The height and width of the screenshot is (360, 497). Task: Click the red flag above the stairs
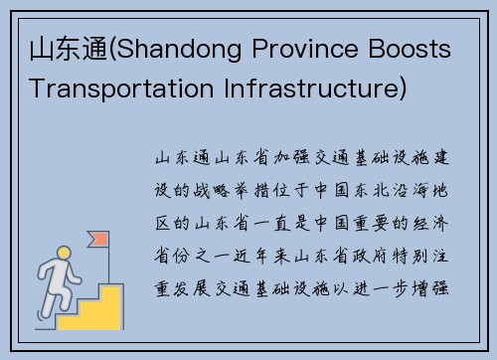point(98,239)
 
